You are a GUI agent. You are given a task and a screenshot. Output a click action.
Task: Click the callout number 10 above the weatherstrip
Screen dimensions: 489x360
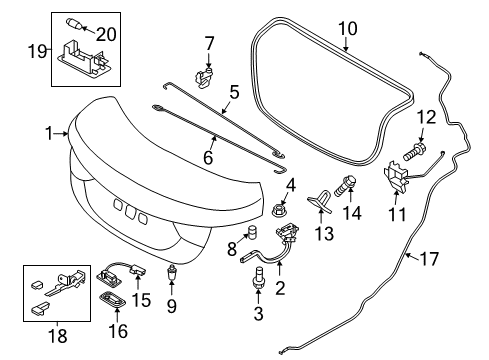tap(348, 28)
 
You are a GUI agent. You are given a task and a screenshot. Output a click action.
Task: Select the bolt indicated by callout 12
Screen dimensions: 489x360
tap(413, 151)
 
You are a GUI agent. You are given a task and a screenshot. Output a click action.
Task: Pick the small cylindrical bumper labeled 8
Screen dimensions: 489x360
tap(252, 232)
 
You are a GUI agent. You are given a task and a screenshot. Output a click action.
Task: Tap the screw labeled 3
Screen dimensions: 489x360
tap(258, 277)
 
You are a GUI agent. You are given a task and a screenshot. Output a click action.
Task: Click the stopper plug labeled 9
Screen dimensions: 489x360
tap(172, 272)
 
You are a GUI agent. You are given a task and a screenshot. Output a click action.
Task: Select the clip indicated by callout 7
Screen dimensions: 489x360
tap(203, 78)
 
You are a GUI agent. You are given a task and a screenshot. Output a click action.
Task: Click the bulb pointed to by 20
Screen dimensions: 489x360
tap(73, 24)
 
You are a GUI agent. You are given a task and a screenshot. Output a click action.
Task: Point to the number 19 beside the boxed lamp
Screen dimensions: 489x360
tap(37, 51)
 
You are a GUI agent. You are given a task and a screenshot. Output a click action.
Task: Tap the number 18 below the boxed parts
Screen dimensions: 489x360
tap(58, 335)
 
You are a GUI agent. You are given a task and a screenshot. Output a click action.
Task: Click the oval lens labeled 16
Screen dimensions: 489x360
tap(114, 298)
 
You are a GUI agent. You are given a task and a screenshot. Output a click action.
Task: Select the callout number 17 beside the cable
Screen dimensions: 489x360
tap(429, 259)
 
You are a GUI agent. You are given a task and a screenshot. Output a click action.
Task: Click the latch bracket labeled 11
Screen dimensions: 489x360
tap(396, 178)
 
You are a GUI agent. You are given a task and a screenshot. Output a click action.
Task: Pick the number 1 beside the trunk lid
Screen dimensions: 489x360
tap(49, 133)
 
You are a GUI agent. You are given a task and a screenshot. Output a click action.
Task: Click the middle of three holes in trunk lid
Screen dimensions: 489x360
tap(130, 211)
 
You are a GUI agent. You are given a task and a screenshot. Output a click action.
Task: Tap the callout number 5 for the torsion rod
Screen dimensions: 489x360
tap(234, 92)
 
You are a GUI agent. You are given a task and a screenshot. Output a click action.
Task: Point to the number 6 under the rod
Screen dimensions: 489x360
tap(208, 157)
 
